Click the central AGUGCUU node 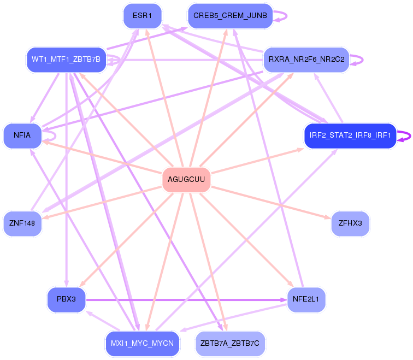click(x=186, y=180)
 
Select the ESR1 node click(x=142, y=16)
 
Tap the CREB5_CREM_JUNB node click(x=230, y=16)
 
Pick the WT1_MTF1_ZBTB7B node click(x=66, y=60)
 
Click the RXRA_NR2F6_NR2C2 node click(x=306, y=60)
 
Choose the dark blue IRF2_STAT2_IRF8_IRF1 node click(x=350, y=136)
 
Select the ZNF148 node click(x=22, y=223)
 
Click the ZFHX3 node click(x=350, y=223)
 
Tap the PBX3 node click(x=66, y=300)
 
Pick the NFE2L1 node click(x=306, y=300)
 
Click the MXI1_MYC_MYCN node click(x=142, y=344)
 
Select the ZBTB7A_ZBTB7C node click(x=230, y=344)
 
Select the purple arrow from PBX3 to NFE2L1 click(x=186, y=300)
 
